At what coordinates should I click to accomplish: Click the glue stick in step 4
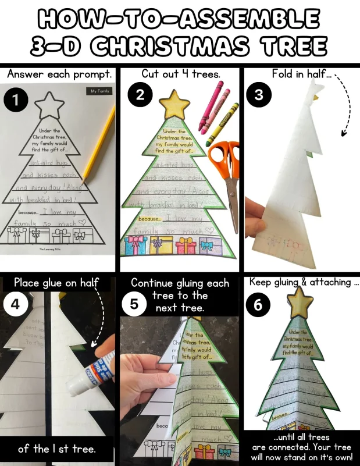pos(87,375)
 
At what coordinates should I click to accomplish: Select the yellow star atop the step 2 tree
pos(176,105)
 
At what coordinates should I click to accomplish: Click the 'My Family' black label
pos(100,91)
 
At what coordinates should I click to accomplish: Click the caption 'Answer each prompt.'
pos(59,74)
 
